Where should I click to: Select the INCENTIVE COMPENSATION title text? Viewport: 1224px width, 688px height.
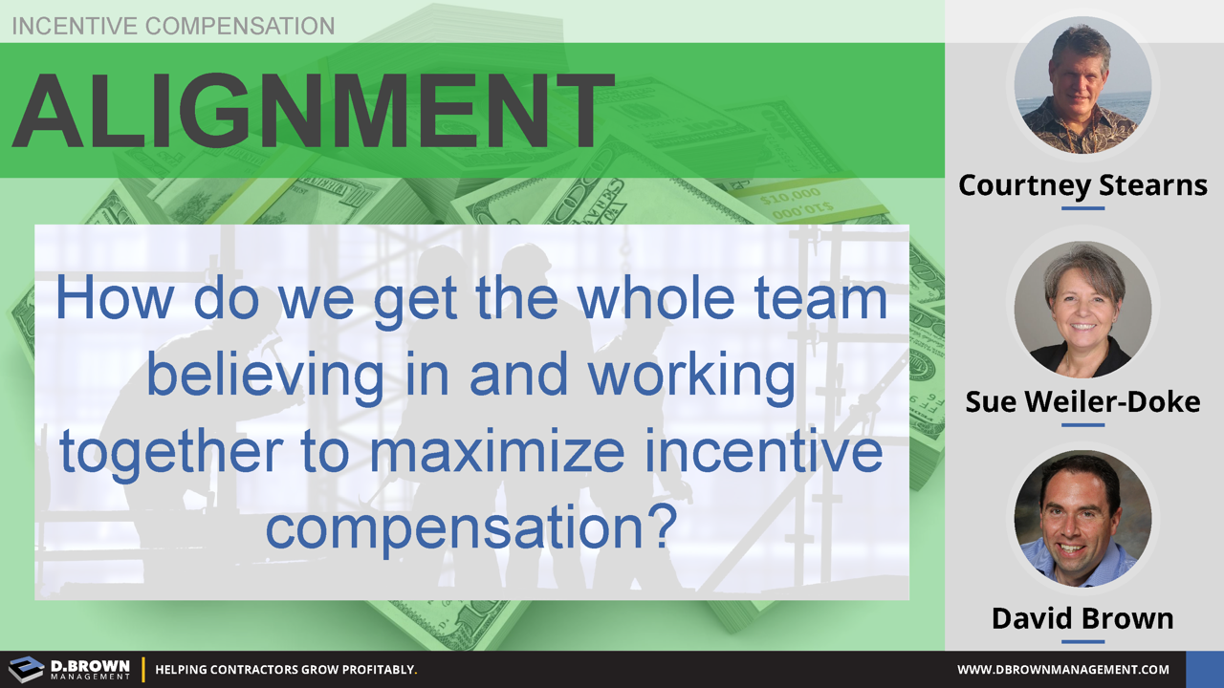[173, 26]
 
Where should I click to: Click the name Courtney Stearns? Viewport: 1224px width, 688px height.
[1082, 183]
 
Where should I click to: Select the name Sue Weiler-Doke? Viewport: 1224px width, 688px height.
[1082, 401]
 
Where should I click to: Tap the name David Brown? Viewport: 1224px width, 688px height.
[1082, 618]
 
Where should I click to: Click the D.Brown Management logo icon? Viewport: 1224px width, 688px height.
[27, 669]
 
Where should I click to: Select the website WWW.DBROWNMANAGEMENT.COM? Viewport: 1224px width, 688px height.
[1063, 670]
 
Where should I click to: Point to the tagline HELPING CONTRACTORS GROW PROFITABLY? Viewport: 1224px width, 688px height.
[286, 670]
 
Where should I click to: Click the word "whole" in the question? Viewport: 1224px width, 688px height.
[659, 299]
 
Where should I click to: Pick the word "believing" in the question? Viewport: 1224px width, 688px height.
[259, 376]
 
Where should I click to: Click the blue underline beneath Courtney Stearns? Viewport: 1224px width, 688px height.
[1082, 207]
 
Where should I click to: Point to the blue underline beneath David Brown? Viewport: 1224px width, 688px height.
[1082, 642]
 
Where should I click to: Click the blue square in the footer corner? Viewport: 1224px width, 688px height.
[1204, 669]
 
